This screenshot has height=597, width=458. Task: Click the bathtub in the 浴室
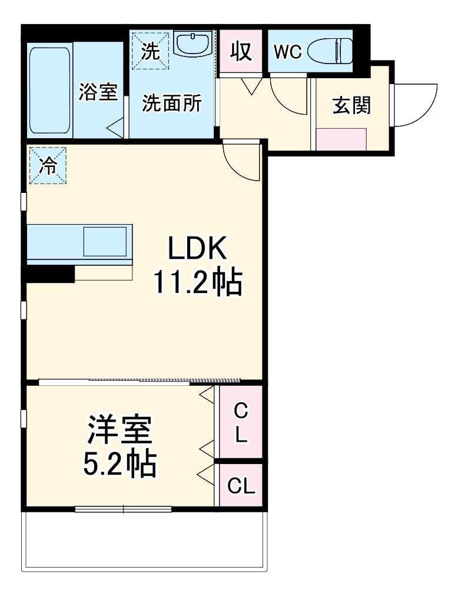(51, 88)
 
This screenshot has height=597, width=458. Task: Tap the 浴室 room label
(98, 92)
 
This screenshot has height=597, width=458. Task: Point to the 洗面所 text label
(171, 104)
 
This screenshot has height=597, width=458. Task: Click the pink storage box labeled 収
(241, 52)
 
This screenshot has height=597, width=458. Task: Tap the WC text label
(287, 52)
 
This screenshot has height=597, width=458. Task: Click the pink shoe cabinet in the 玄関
(341, 139)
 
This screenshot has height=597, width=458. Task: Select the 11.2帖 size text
(197, 283)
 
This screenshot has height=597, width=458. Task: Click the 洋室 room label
(120, 431)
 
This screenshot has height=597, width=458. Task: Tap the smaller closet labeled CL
(241, 486)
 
